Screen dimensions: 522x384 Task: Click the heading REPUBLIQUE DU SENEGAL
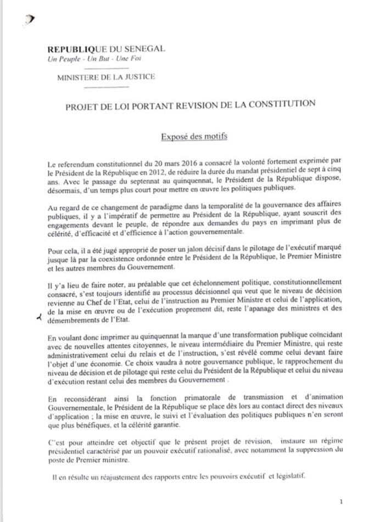click(x=107, y=49)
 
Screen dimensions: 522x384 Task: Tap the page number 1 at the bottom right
click(x=341, y=501)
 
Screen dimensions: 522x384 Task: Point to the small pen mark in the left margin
click(x=38, y=317)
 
